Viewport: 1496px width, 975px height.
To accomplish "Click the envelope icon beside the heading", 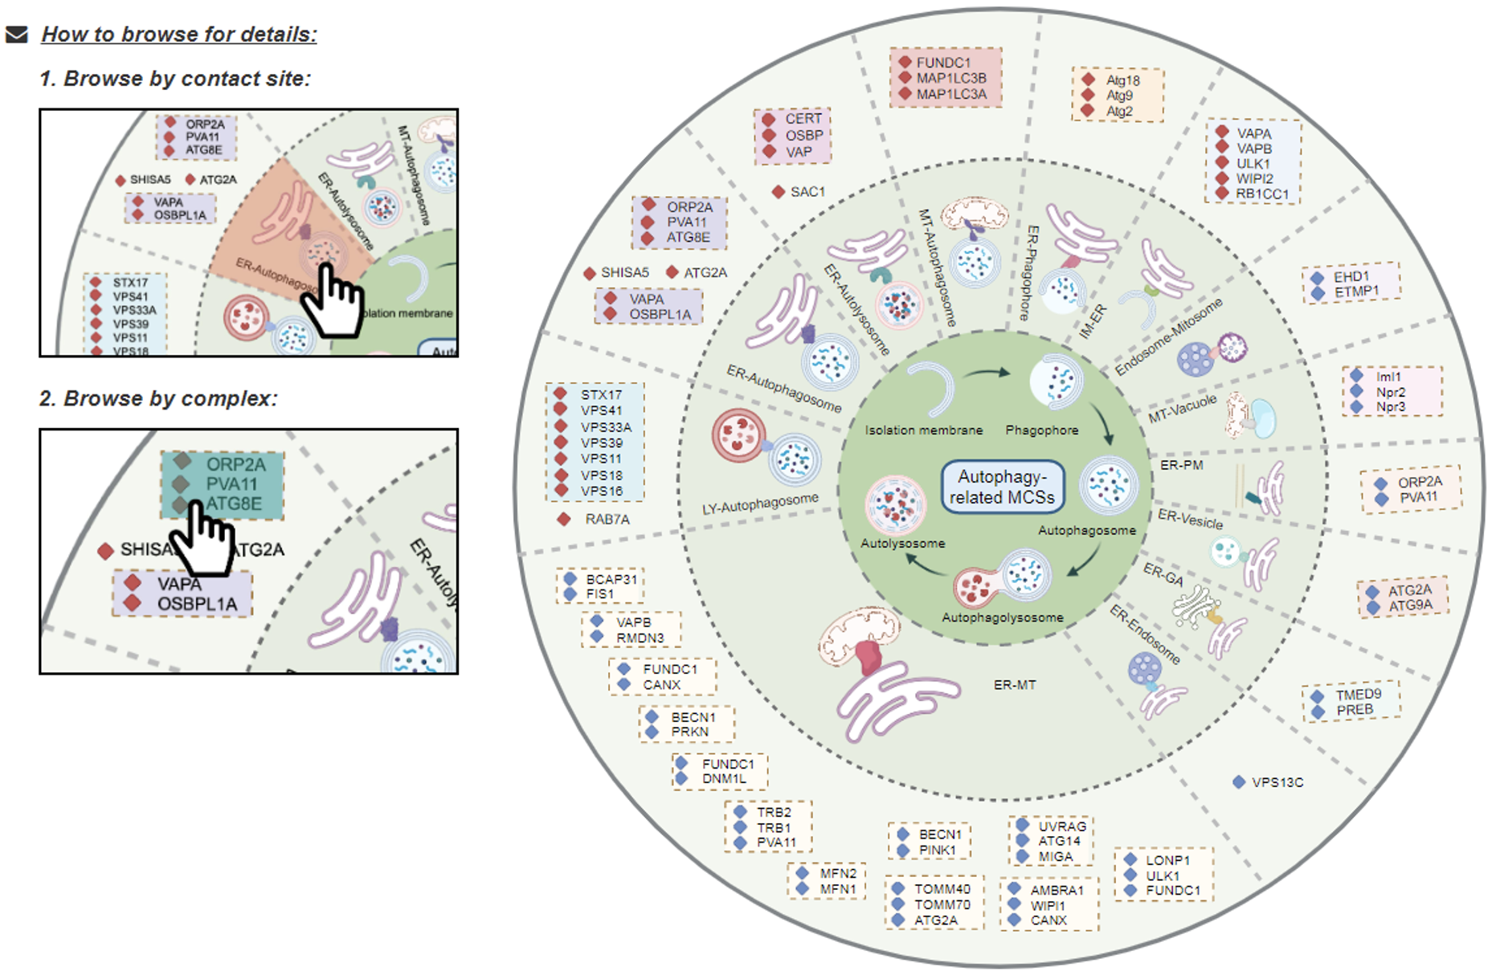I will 16,35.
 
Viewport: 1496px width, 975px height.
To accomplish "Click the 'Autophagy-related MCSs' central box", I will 1002,487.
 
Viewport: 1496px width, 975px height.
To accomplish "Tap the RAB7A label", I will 607,520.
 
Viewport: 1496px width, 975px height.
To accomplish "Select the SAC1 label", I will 807,192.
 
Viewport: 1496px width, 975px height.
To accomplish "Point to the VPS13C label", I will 1277,782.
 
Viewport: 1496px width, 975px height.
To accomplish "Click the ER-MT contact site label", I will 1015,685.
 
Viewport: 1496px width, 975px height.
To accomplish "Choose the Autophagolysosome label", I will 1002,618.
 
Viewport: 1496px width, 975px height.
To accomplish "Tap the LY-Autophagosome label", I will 760,504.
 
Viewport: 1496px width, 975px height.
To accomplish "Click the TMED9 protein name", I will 1358,695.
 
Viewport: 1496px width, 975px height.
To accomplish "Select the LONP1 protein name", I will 1167,860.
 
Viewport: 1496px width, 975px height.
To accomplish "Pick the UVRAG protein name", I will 1061,826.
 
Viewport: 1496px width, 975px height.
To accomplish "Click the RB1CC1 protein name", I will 1261,194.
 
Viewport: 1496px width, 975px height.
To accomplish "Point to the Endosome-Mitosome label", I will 1169,337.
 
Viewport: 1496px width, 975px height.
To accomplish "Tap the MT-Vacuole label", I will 1182,409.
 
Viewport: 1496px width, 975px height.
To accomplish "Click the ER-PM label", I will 1181,465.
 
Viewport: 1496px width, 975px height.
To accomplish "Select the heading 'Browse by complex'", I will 158,398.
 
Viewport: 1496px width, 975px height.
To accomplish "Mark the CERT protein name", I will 803,119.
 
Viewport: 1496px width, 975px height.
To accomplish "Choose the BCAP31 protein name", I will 611,579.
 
